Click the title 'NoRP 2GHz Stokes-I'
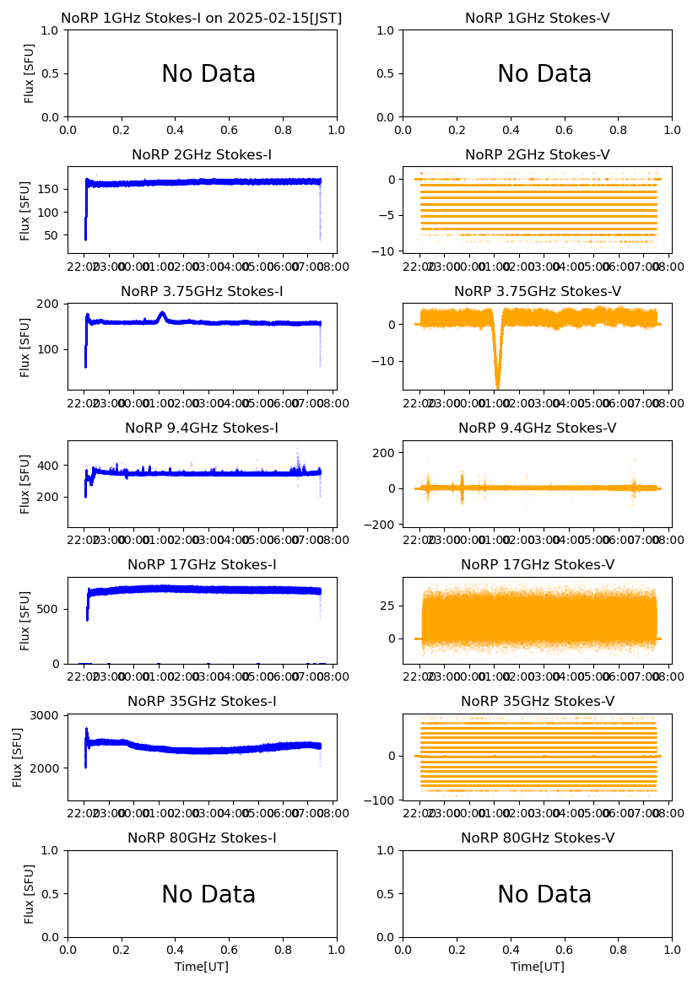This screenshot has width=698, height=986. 202,154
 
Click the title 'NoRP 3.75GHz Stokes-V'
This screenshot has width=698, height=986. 538,291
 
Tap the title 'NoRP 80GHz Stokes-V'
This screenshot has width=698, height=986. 538,838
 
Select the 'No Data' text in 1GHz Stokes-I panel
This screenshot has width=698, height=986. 208,74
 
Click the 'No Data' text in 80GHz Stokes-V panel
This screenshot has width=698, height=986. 544,895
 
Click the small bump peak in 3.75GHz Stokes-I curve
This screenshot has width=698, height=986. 162,315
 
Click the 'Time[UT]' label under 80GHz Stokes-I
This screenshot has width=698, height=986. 202,967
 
